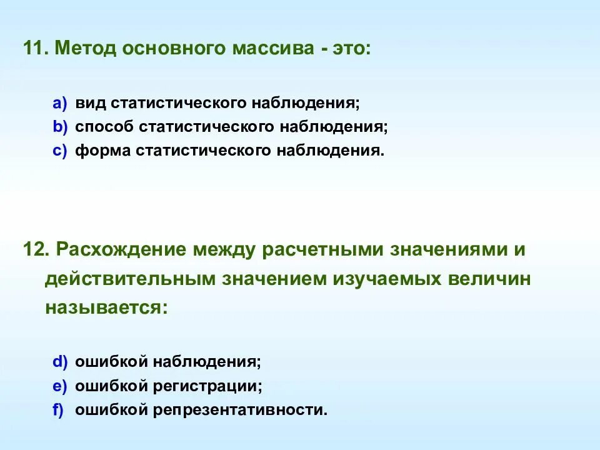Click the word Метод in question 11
click(85, 48)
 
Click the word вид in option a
click(90, 102)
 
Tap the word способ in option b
click(104, 126)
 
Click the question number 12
click(35, 249)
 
